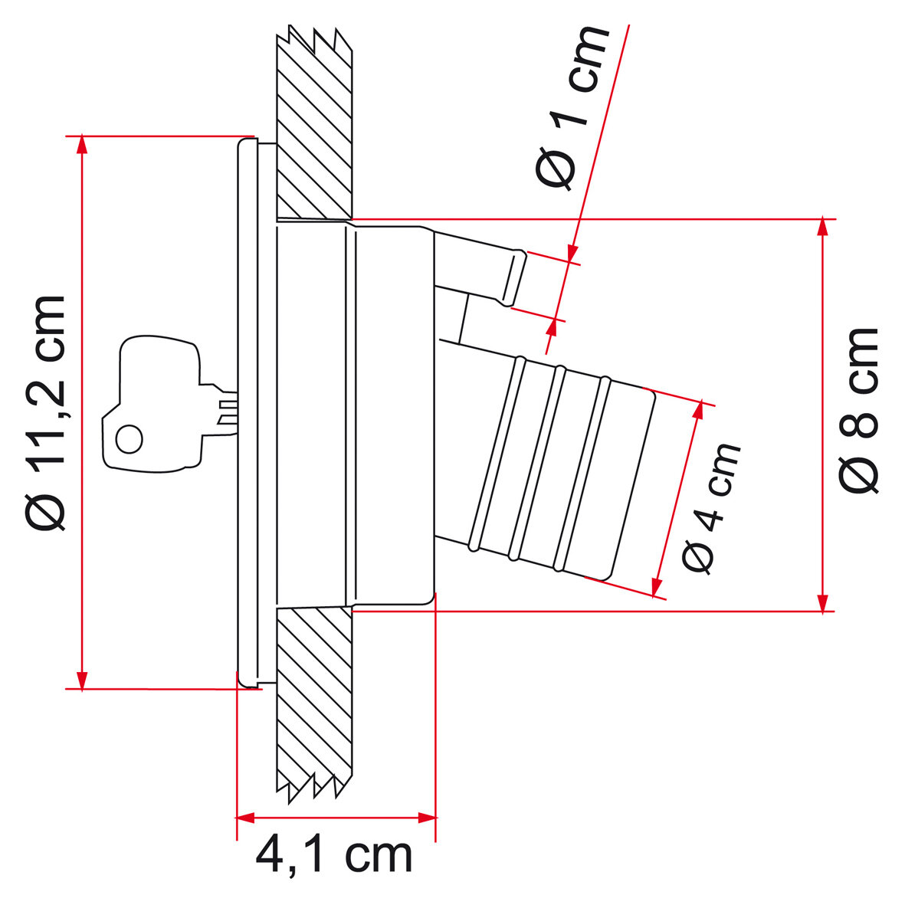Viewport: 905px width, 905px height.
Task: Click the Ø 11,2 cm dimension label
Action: tap(46, 412)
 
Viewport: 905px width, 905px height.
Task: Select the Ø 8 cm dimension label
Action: tap(858, 411)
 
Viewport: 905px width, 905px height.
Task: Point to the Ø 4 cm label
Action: tap(711, 509)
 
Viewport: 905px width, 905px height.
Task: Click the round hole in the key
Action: tap(130, 439)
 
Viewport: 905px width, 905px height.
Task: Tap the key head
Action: tap(152, 405)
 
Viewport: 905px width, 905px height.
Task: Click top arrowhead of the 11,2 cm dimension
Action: tap(83, 145)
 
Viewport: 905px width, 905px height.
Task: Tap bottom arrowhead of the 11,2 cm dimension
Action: tap(83, 680)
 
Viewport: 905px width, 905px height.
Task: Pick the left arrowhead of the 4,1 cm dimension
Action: tap(245, 818)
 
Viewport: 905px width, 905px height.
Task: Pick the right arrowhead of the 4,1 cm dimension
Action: tap(427, 818)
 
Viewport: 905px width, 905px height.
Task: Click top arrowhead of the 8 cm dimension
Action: tap(823, 228)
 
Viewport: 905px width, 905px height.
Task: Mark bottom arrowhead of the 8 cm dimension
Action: tap(823, 602)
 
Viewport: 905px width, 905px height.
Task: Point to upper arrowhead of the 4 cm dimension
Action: tap(698, 410)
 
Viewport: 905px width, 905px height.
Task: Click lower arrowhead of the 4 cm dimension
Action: tap(657, 586)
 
